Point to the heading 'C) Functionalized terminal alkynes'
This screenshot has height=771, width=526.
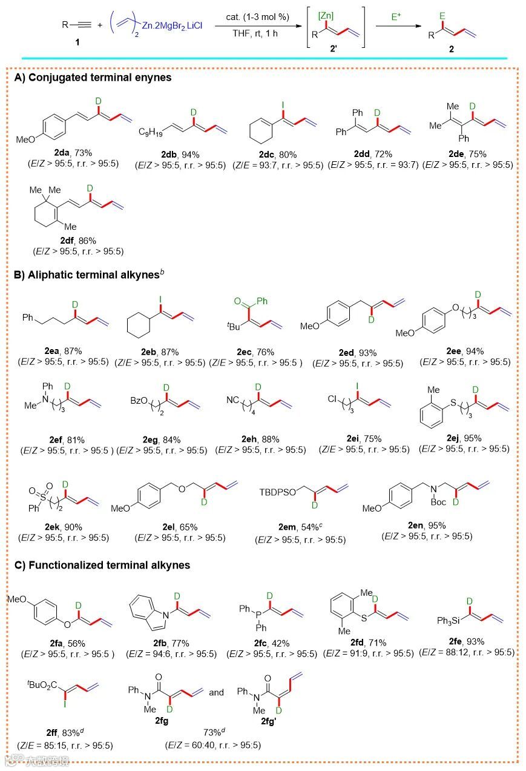[x=102, y=565]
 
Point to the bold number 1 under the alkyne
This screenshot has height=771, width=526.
[x=76, y=43]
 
